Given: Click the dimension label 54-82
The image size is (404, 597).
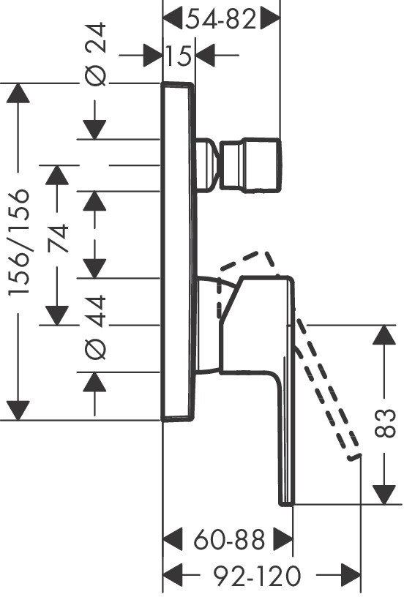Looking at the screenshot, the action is point(221,19).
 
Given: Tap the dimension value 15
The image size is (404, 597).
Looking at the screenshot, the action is point(179,56).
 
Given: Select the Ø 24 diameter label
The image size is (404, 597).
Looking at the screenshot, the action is point(95,54).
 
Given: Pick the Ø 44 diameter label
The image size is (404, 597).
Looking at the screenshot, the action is point(95,328).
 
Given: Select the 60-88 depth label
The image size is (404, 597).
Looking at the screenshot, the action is point(229,540).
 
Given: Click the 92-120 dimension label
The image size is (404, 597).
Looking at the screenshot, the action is point(257,576).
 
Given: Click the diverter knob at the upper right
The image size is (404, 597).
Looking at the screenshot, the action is point(251,165).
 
